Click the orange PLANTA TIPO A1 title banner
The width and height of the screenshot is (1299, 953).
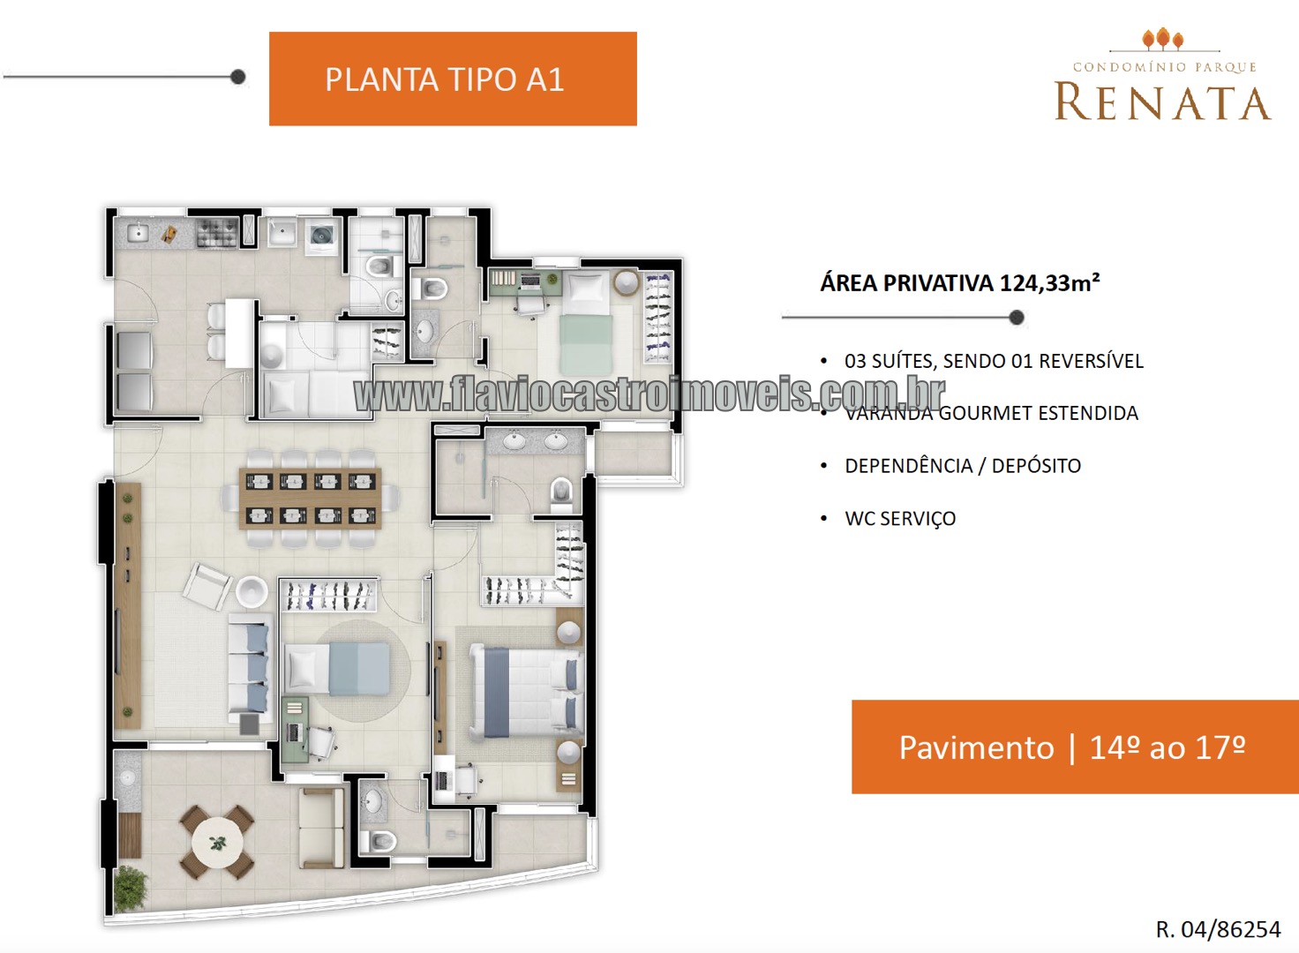click(453, 79)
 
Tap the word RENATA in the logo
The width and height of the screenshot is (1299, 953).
click(1162, 102)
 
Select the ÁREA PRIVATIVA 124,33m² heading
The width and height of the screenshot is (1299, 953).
click(960, 283)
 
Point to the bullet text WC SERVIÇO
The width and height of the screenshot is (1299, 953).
click(900, 518)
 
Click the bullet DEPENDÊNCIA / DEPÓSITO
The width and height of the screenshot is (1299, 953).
click(963, 466)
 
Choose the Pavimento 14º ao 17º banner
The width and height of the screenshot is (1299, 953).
click(1075, 747)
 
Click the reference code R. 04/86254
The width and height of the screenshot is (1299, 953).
click(1218, 929)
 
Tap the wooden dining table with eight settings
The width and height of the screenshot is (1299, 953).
click(311, 499)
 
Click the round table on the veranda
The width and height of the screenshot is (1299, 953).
click(217, 843)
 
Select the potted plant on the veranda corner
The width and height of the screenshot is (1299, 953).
click(130, 888)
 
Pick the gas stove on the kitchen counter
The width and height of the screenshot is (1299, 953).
click(217, 233)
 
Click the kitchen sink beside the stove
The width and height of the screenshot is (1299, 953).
click(138, 233)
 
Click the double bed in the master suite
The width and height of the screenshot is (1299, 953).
click(526, 691)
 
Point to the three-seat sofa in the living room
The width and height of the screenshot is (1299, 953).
click(250, 669)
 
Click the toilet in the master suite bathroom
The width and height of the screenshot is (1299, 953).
click(560, 493)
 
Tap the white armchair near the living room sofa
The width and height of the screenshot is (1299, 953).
click(207, 586)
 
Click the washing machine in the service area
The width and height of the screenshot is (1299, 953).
click(320, 236)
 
